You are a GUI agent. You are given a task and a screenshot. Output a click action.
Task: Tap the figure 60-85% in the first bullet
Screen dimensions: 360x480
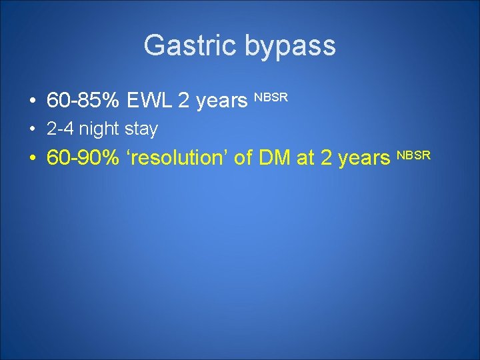point(83,101)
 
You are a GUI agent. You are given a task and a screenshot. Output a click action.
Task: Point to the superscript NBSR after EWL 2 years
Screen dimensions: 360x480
point(271,97)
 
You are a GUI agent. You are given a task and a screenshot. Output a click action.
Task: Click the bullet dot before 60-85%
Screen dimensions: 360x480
point(32,101)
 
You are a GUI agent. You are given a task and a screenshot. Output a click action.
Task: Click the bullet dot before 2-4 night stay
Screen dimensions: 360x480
point(32,129)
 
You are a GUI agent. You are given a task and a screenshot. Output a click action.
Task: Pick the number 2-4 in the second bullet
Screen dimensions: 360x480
point(60,129)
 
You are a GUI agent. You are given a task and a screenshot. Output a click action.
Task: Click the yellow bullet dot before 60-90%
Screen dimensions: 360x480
point(32,159)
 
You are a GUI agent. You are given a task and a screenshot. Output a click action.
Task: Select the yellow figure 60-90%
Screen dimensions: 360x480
point(83,158)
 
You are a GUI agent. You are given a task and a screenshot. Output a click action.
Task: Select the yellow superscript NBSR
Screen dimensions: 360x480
point(415,155)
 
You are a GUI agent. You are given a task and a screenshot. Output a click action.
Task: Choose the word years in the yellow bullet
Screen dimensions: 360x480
point(365,159)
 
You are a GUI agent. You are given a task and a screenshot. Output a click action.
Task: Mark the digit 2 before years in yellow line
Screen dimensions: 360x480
point(327,158)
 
